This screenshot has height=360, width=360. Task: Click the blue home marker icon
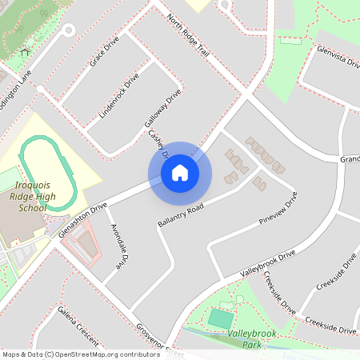point(180,173)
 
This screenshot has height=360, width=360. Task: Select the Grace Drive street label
point(105,50)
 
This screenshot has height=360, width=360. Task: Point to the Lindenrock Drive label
point(118,96)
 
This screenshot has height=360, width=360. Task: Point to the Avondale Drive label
point(117,244)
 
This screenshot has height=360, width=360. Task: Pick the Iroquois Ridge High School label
point(32,195)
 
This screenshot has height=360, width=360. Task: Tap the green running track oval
point(49,173)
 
